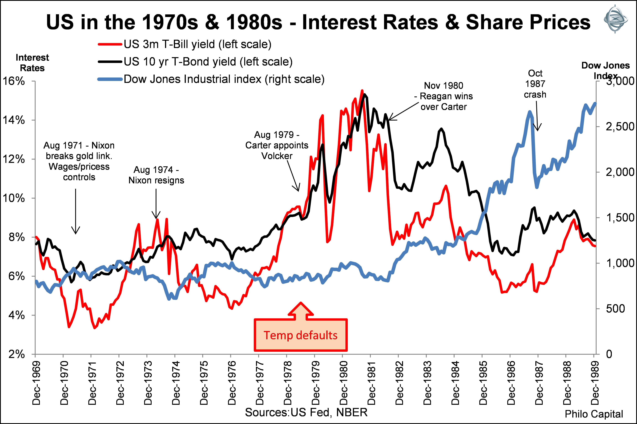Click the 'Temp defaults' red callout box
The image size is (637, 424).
(301, 335)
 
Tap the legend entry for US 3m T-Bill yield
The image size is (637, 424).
(197, 44)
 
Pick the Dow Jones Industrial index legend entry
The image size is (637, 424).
(224, 79)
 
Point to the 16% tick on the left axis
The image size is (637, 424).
(14, 81)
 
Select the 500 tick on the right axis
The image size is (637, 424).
(615, 309)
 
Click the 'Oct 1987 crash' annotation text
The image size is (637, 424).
(535, 84)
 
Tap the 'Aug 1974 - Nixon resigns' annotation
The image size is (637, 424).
(156, 175)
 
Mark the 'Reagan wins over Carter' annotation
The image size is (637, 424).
(444, 96)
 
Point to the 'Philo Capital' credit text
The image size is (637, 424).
(594, 414)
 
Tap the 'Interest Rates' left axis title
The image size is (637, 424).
(32, 63)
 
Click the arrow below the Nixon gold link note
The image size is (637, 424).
(75, 211)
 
